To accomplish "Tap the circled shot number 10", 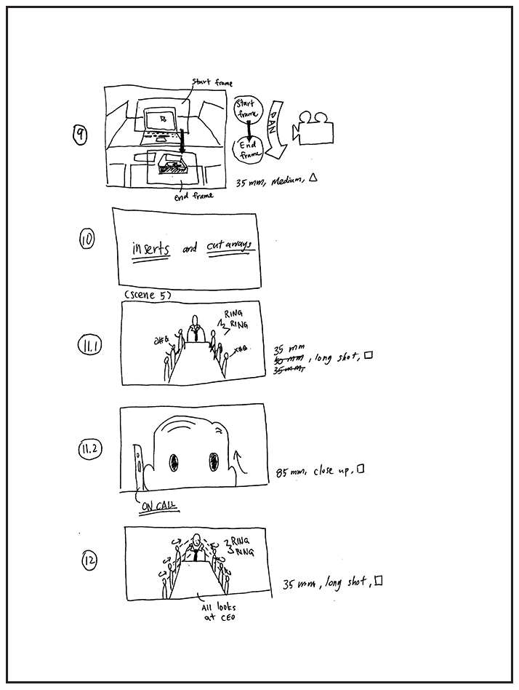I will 87,239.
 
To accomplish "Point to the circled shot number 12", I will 91,560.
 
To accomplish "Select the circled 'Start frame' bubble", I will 246,111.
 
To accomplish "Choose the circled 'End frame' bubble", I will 246,150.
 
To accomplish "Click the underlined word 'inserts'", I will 151,249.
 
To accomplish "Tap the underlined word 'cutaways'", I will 229,247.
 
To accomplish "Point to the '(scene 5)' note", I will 148,295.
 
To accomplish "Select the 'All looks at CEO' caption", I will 219,612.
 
